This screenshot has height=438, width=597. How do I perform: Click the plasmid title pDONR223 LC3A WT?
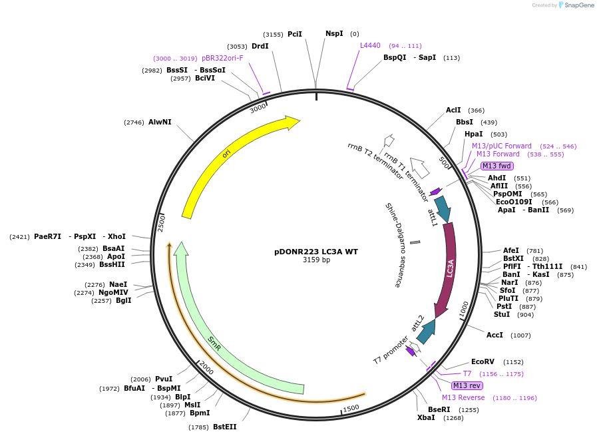coord(316,252)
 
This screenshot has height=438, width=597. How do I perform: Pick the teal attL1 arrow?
coord(441,208)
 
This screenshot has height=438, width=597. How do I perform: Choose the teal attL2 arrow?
coord(426,331)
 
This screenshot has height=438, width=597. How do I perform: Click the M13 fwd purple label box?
coord(497,166)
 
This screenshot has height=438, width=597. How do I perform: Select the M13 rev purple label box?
coord(467,385)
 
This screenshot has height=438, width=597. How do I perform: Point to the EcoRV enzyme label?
coord(483,361)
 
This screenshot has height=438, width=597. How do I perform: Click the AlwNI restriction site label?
coord(160,122)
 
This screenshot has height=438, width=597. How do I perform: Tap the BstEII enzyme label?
coord(224,427)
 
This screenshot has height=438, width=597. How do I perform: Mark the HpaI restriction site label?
coord(474,134)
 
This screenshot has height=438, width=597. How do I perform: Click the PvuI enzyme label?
coord(164,379)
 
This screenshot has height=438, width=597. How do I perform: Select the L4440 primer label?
coord(370,45)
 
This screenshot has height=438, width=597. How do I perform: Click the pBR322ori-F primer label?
coord(222,58)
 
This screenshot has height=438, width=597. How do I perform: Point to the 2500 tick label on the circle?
coord(161,223)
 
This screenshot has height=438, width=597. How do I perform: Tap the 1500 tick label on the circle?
coord(351,408)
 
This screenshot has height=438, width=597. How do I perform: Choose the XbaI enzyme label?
coord(426,417)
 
